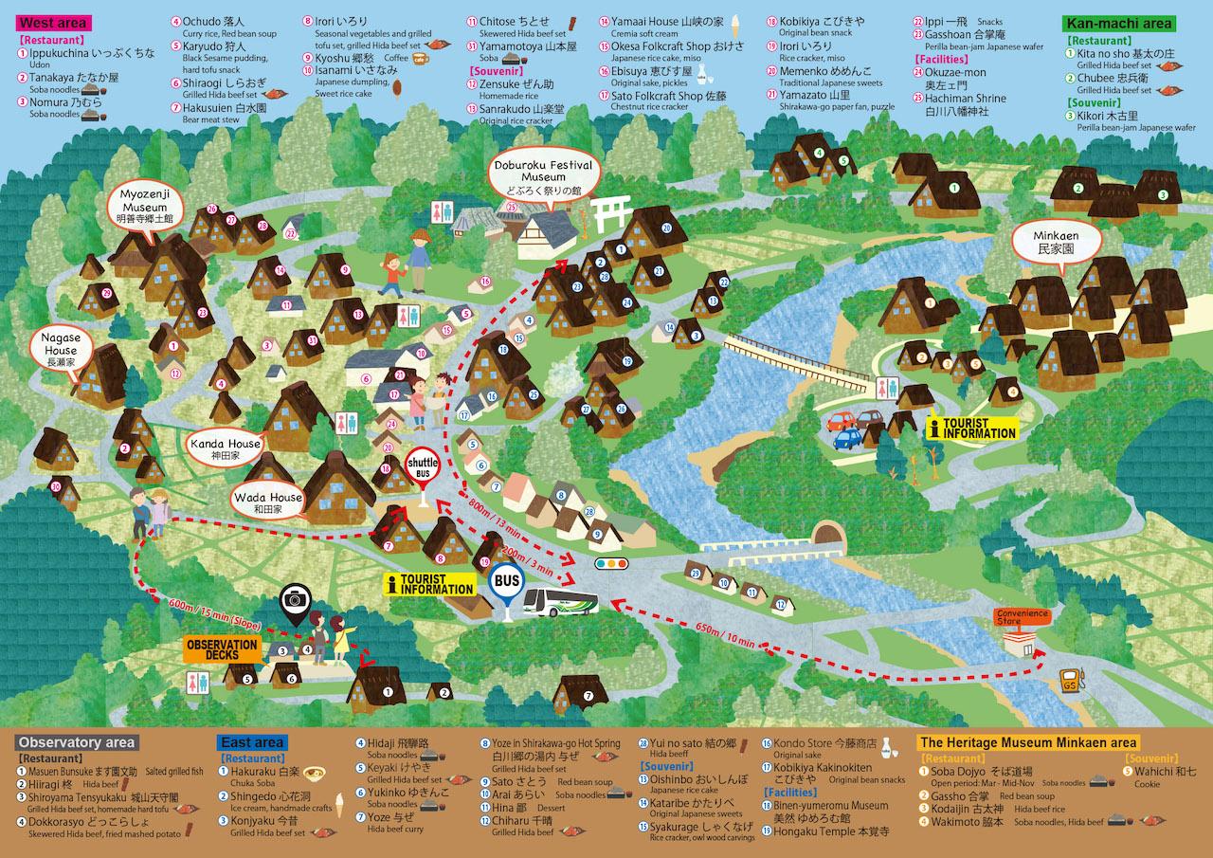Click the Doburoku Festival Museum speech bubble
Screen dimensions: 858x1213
543,176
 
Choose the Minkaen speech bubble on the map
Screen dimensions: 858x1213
1045,242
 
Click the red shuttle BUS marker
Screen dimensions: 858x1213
422,466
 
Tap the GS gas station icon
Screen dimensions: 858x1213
1070,682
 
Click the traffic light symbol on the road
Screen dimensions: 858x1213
610,563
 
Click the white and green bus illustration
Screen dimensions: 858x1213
561,601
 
